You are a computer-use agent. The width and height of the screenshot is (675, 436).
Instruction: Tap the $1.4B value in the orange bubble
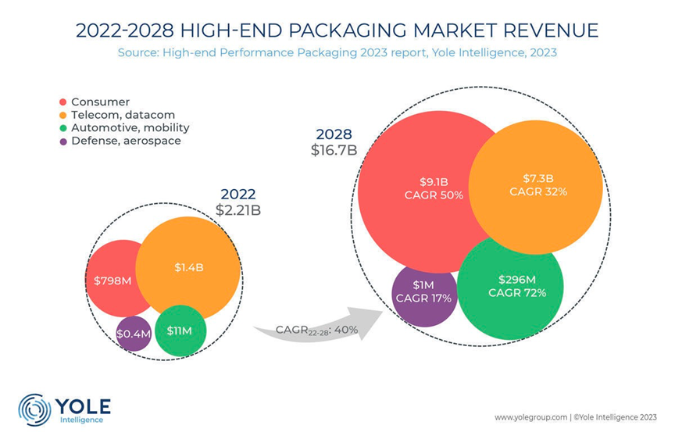click(189, 267)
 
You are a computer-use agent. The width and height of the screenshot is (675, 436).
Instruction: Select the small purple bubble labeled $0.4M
click(132, 334)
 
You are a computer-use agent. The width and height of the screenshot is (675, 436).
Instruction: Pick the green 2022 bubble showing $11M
click(180, 331)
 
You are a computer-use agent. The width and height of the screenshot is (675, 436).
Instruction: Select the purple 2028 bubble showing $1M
click(423, 292)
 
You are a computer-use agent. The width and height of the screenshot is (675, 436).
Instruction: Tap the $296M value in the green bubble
click(516, 279)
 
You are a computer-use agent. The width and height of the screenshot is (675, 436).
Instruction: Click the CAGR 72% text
click(516, 293)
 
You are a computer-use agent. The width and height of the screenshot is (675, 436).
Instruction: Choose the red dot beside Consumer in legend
click(62, 102)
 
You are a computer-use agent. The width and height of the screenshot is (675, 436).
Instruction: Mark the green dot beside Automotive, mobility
click(62, 128)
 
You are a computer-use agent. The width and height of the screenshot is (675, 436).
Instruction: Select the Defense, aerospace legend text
click(126, 141)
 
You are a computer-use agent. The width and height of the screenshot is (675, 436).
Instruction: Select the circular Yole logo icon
click(34, 409)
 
